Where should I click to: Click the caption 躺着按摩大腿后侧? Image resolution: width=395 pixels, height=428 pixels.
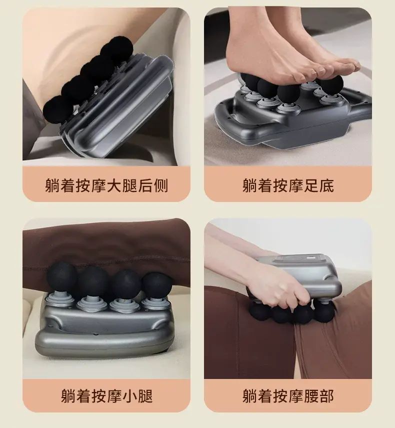click(x=106, y=185)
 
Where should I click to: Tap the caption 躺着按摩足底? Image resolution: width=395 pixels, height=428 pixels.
click(x=288, y=185)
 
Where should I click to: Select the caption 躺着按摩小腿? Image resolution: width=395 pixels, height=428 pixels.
click(x=106, y=396)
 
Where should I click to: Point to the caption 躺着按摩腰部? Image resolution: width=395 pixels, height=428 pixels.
click(x=288, y=396)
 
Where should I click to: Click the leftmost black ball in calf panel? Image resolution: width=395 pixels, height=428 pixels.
click(x=61, y=275)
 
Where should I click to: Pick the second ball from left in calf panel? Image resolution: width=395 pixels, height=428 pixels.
click(x=93, y=281)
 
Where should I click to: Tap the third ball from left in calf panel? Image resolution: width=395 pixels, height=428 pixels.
click(x=125, y=284)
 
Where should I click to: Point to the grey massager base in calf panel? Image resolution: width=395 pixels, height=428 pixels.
click(x=103, y=330)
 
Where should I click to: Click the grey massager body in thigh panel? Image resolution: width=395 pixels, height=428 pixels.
click(x=120, y=109)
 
